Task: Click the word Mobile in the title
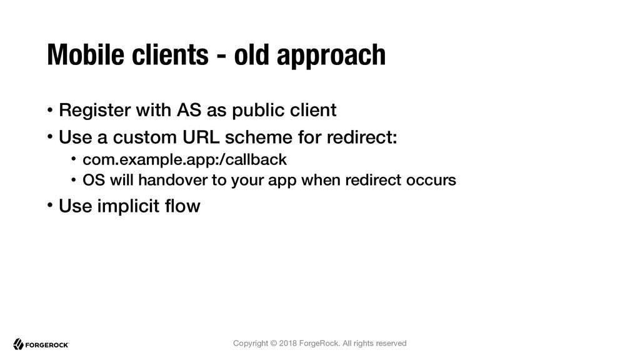86,54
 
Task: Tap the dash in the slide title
221,56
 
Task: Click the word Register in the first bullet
95,111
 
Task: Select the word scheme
258,137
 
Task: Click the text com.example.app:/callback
184,159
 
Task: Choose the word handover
172,180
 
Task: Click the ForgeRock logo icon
18,344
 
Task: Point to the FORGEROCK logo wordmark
47,345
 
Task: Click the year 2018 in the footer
287,343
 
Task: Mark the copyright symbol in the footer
274,343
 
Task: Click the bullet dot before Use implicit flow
50,205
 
